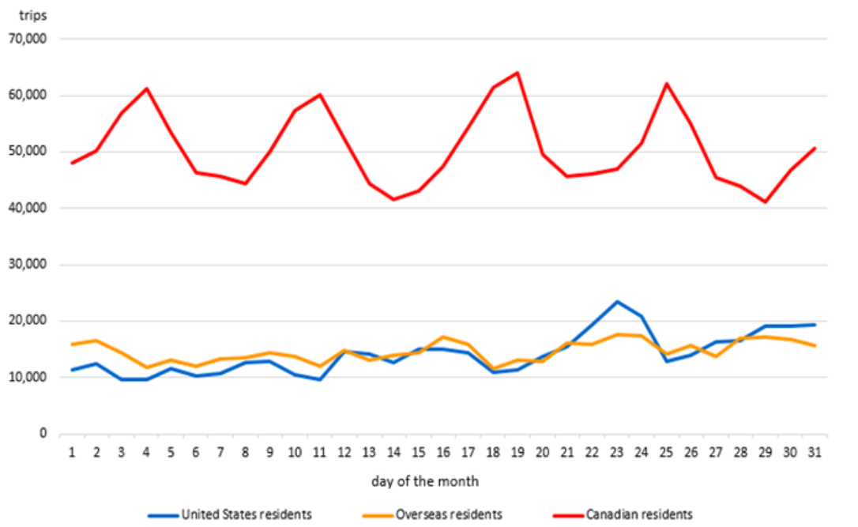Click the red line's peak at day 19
pos(517,73)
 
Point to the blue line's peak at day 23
pos(615,301)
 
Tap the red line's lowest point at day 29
pos(766,201)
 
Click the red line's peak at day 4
pos(147,88)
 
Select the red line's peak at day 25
pos(666,84)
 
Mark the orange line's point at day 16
pos(443,337)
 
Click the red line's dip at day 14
pos(393,199)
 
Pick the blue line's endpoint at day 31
pos(815,325)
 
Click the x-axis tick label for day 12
pos(344,452)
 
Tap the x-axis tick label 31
pos(815,452)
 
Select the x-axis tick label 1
pos(73,452)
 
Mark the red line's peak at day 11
pos(320,95)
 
